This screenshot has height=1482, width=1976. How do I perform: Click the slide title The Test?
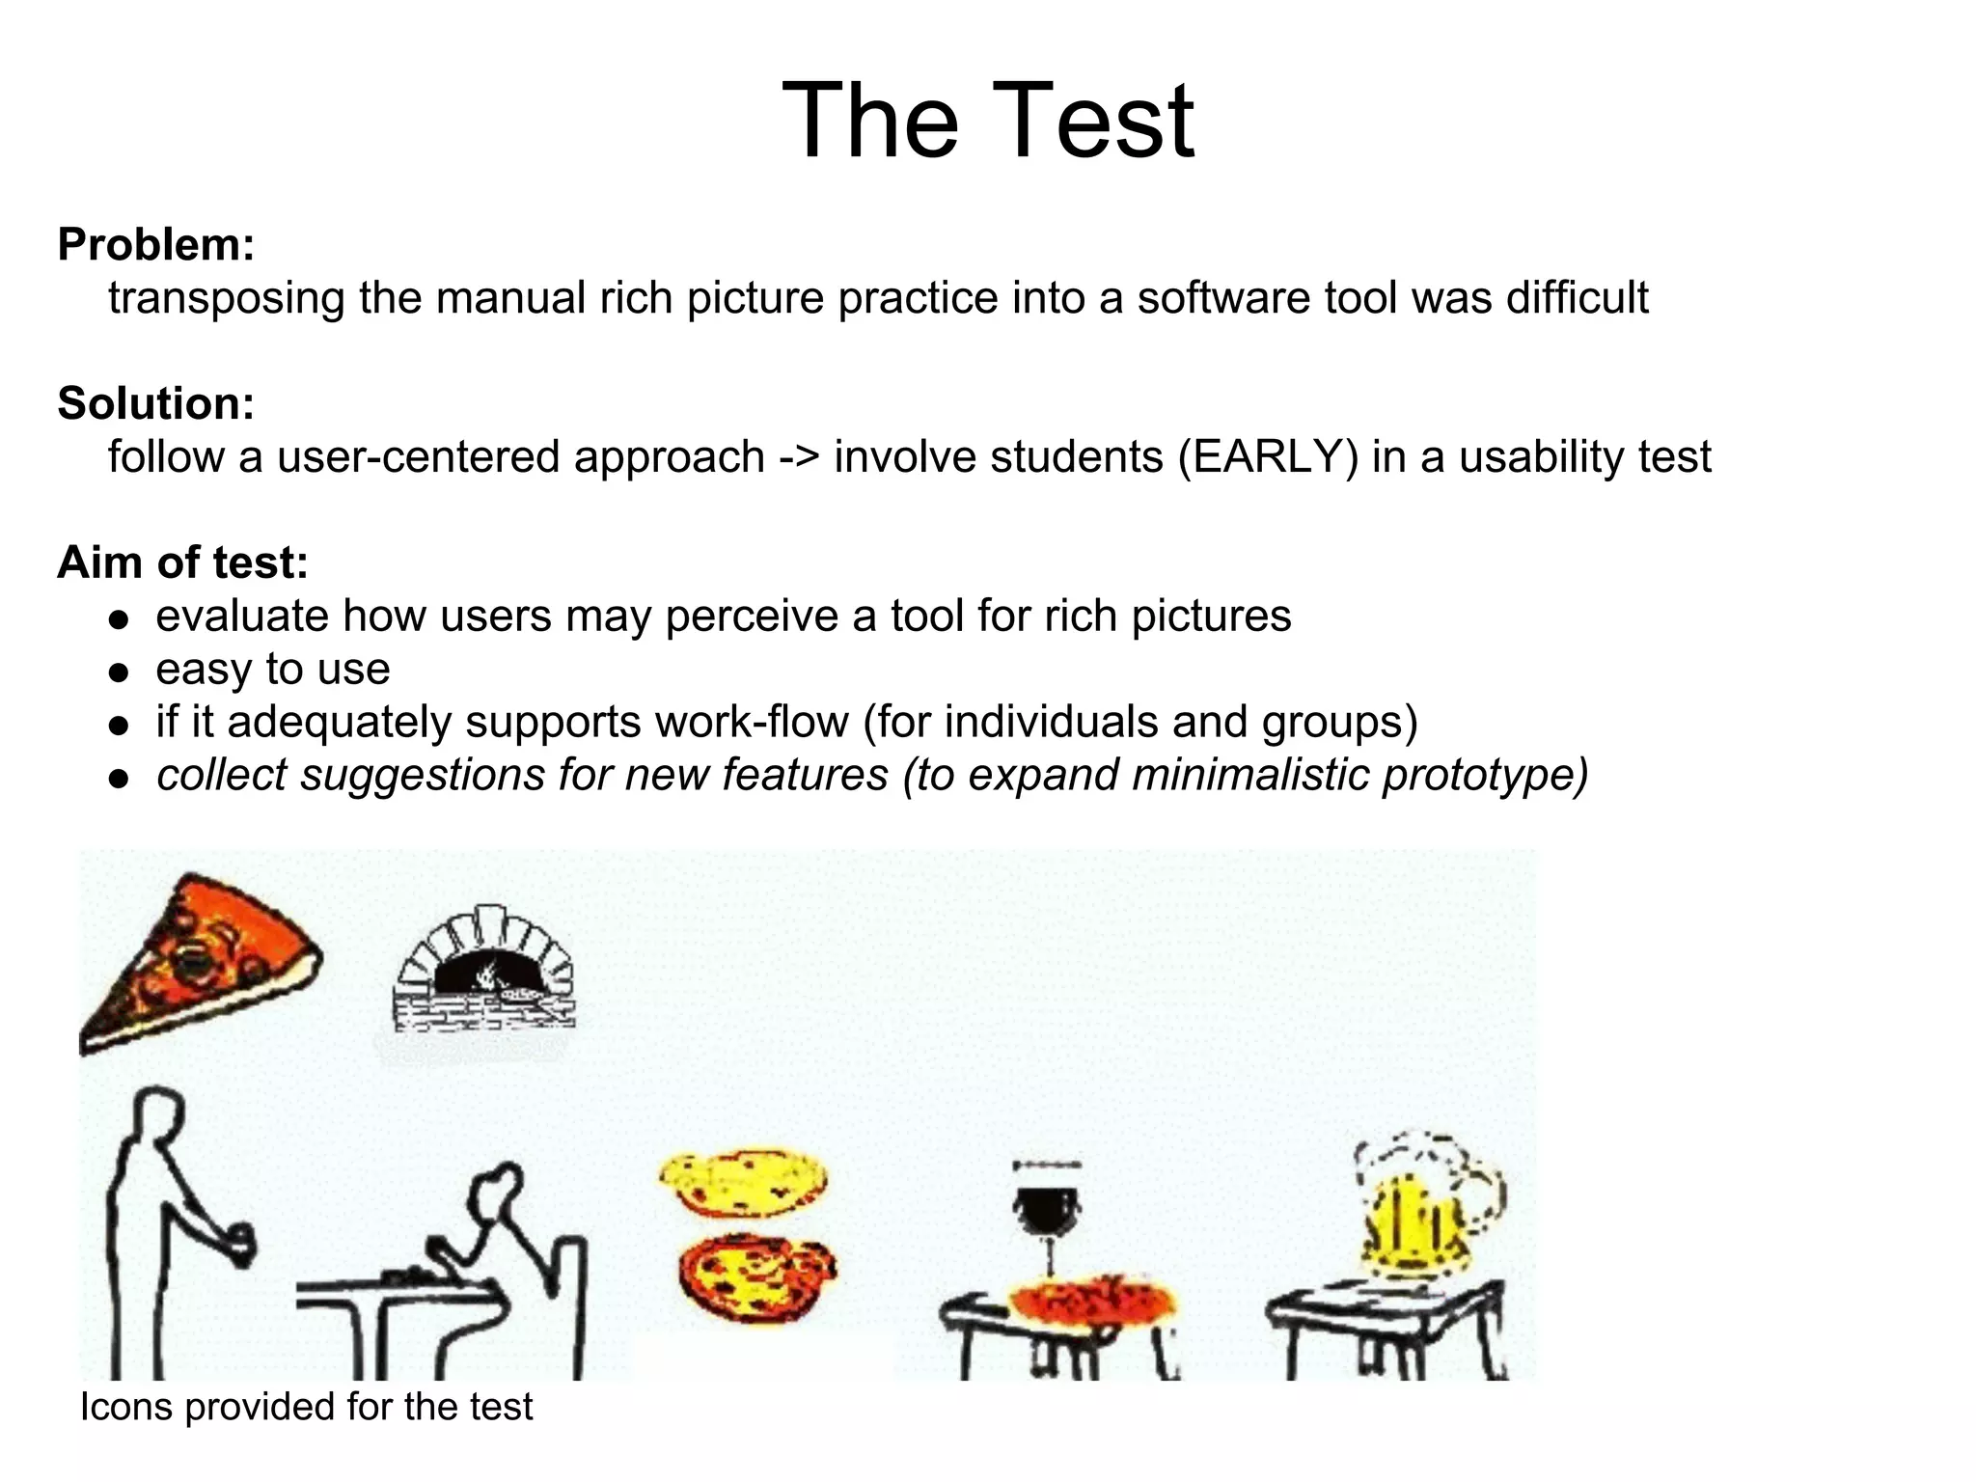tap(987, 122)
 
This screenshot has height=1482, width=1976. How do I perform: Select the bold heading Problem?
tap(156, 245)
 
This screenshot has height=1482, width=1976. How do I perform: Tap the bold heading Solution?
tap(156, 403)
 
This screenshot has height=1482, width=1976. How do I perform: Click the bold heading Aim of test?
tap(182, 563)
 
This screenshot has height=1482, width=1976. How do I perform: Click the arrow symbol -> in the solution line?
tap(799, 457)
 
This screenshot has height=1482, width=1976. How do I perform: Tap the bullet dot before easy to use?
tap(119, 672)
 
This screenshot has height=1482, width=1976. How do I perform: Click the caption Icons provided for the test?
tap(306, 1407)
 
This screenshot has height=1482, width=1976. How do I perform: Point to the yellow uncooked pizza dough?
tap(743, 1183)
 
